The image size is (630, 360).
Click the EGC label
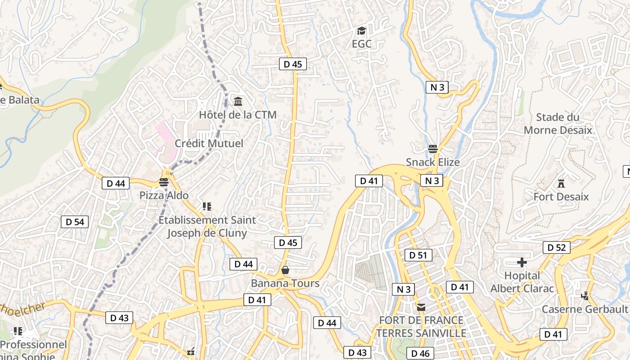361,44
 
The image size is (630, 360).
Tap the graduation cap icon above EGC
361,31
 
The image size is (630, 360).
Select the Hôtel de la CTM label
238,115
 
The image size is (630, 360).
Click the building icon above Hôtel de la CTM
238,101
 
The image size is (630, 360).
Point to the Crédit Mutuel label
209,144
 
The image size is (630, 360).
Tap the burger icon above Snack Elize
433,148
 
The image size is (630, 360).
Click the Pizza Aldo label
164,196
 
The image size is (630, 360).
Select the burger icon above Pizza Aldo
163,182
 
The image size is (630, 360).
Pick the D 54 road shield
75,222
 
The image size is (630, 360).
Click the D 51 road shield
418,256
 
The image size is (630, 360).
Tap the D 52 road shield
556,247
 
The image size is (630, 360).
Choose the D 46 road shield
420,354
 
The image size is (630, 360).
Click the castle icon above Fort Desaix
561,184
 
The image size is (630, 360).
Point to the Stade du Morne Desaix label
558,124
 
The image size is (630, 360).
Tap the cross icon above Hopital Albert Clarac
522,262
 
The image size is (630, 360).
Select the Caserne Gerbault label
585,309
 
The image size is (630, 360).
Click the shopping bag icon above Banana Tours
285,270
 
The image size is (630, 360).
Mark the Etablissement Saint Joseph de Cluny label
207,226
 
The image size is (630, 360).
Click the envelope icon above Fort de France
421,308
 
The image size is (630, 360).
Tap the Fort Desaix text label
561,197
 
